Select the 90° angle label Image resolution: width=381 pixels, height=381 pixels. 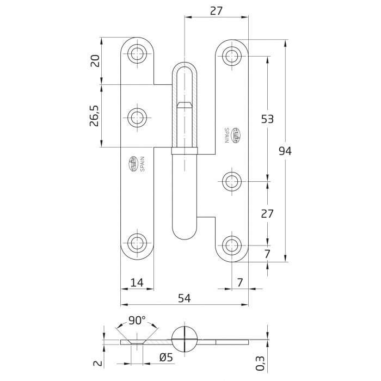(x=137, y=321)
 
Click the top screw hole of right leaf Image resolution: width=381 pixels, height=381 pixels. (x=232, y=55)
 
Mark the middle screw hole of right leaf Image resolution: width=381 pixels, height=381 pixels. (x=232, y=181)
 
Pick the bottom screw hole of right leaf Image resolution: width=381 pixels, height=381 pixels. (x=232, y=243)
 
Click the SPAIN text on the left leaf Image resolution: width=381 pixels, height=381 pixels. (x=142, y=163)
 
